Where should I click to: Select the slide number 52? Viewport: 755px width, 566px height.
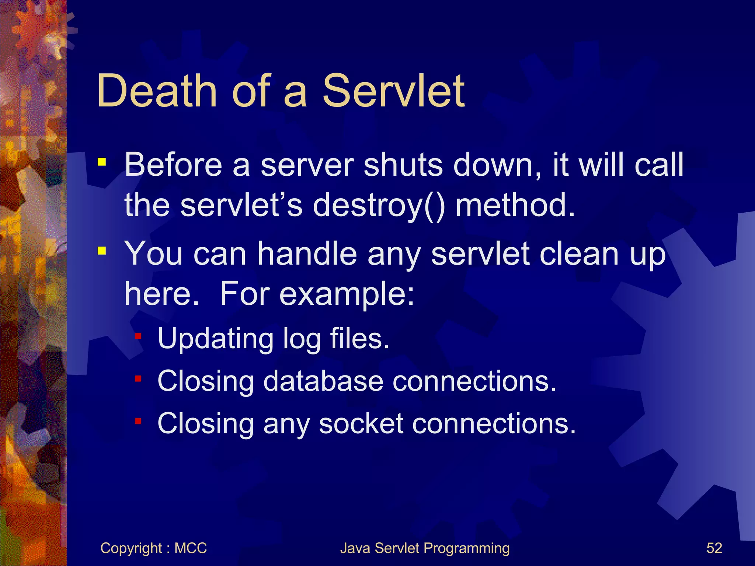[714, 548]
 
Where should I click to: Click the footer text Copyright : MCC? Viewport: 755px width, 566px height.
[153, 548]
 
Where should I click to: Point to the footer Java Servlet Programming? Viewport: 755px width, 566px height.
[425, 548]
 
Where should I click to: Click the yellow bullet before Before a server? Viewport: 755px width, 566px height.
[102, 162]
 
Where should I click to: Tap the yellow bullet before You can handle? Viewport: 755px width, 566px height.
[102, 251]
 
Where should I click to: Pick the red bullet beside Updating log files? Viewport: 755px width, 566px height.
[138, 336]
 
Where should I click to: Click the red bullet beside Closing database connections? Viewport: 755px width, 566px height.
[138, 378]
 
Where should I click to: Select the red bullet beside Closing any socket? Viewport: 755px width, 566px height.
[138, 421]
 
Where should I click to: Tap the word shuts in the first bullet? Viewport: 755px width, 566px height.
[403, 165]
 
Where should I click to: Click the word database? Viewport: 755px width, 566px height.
[323, 381]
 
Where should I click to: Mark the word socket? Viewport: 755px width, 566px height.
[361, 423]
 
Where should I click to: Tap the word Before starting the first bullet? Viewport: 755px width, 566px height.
[173, 165]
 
